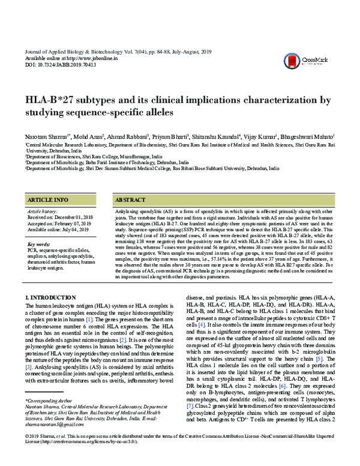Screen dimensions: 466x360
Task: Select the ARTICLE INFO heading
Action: point(49,199)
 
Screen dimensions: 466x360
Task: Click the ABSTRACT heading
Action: point(130,199)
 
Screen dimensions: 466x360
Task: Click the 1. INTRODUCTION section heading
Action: point(52,297)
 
